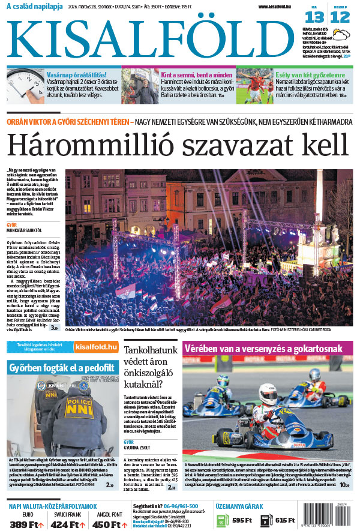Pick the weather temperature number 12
[340, 18]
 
